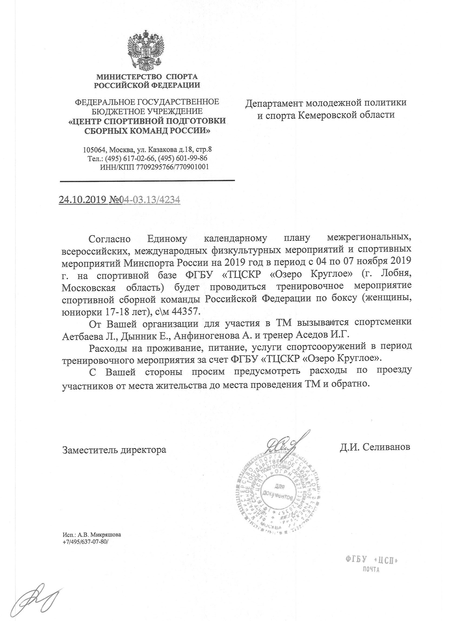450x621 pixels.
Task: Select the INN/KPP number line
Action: pos(155,167)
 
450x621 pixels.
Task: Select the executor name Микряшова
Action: pos(105,534)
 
